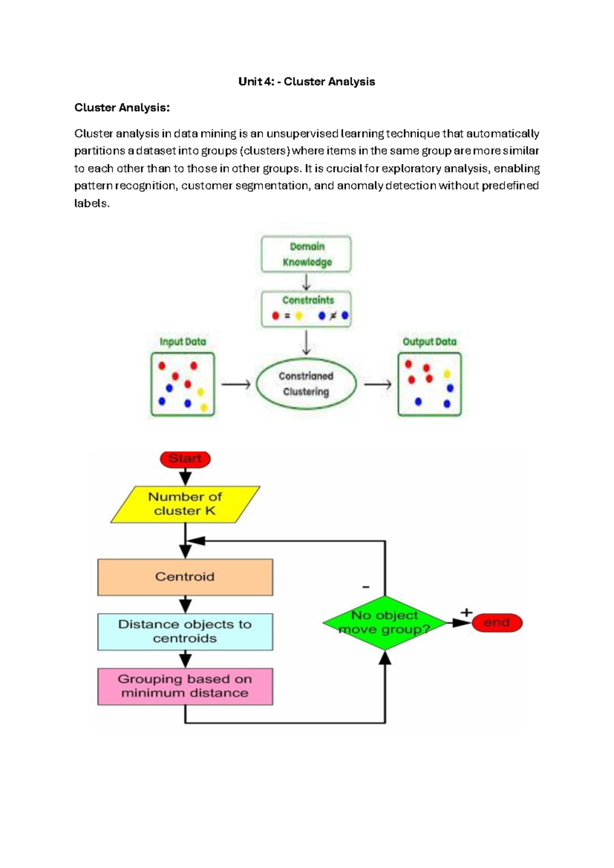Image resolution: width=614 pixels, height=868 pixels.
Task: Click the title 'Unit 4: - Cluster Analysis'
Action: click(306, 82)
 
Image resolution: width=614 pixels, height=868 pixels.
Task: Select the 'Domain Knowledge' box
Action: click(306, 254)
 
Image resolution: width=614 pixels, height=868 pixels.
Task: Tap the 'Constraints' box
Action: click(306, 309)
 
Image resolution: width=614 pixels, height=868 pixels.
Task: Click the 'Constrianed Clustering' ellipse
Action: click(306, 384)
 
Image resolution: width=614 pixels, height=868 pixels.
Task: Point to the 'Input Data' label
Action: click(183, 342)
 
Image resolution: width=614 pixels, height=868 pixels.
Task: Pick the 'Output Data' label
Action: click(429, 342)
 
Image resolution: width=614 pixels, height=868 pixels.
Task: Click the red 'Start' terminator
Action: click(185, 459)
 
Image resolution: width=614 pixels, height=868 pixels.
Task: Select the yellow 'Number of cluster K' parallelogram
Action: click(185, 504)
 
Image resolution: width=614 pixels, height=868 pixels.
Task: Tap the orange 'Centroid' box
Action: click(185, 577)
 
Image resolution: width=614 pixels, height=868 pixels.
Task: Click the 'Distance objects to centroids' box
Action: click(185, 632)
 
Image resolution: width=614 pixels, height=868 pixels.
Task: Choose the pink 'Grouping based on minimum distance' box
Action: click(185, 686)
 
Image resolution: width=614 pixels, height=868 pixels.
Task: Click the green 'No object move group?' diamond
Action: click(385, 622)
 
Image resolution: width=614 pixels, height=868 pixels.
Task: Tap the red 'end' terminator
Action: click(497, 623)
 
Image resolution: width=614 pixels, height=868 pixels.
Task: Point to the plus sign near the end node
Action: click(466, 612)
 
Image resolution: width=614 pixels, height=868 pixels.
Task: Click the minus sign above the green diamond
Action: click(366, 587)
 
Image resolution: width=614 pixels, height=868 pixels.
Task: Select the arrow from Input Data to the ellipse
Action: click(235, 384)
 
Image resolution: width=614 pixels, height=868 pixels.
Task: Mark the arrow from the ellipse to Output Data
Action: click(378, 384)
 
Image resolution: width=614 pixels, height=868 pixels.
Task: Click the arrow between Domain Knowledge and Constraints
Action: click(306, 282)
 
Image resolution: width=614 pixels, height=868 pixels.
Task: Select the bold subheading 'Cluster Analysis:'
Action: click(122, 108)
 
